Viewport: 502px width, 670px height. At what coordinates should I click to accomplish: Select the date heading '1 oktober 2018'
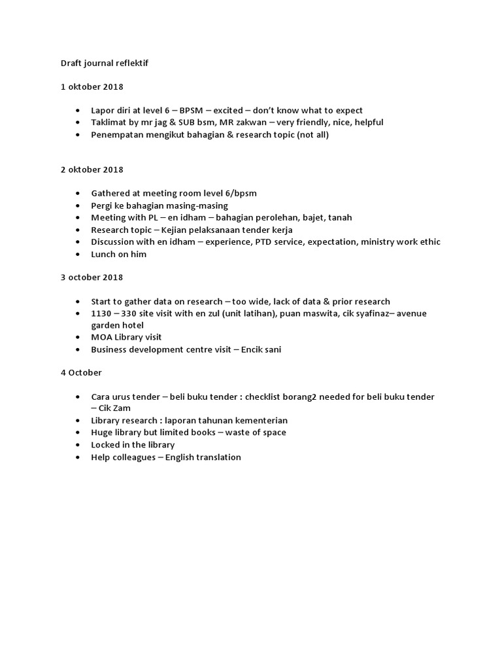click(x=92, y=86)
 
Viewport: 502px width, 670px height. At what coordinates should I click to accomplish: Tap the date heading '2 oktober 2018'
click(x=92, y=169)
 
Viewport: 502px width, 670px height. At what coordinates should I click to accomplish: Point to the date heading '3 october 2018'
click(x=92, y=277)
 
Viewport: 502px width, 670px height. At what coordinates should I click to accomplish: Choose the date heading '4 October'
click(x=81, y=372)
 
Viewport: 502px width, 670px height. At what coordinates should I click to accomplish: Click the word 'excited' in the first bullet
click(x=228, y=111)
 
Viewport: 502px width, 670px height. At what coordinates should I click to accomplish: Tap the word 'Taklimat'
click(x=110, y=122)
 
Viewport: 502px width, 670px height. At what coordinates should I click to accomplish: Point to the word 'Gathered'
click(x=110, y=194)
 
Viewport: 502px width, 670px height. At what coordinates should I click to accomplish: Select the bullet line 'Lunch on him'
click(x=119, y=254)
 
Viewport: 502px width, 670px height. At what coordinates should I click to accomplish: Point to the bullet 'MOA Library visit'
click(x=126, y=337)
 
